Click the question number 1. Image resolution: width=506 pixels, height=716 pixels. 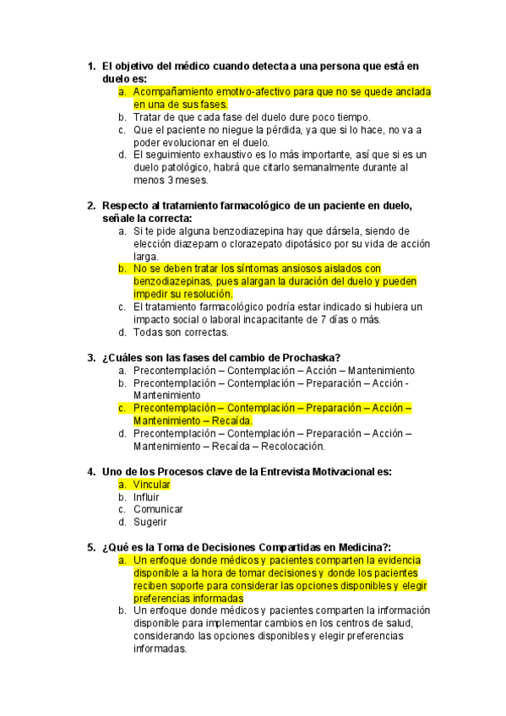[x=90, y=65]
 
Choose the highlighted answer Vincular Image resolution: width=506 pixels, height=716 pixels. [x=152, y=484]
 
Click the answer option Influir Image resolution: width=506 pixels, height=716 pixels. [x=146, y=496]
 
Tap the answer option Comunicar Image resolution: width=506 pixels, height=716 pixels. [x=158, y=509]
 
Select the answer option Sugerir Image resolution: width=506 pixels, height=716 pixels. [x=150, y=522]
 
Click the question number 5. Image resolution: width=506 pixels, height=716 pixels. [x=90, y=547]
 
